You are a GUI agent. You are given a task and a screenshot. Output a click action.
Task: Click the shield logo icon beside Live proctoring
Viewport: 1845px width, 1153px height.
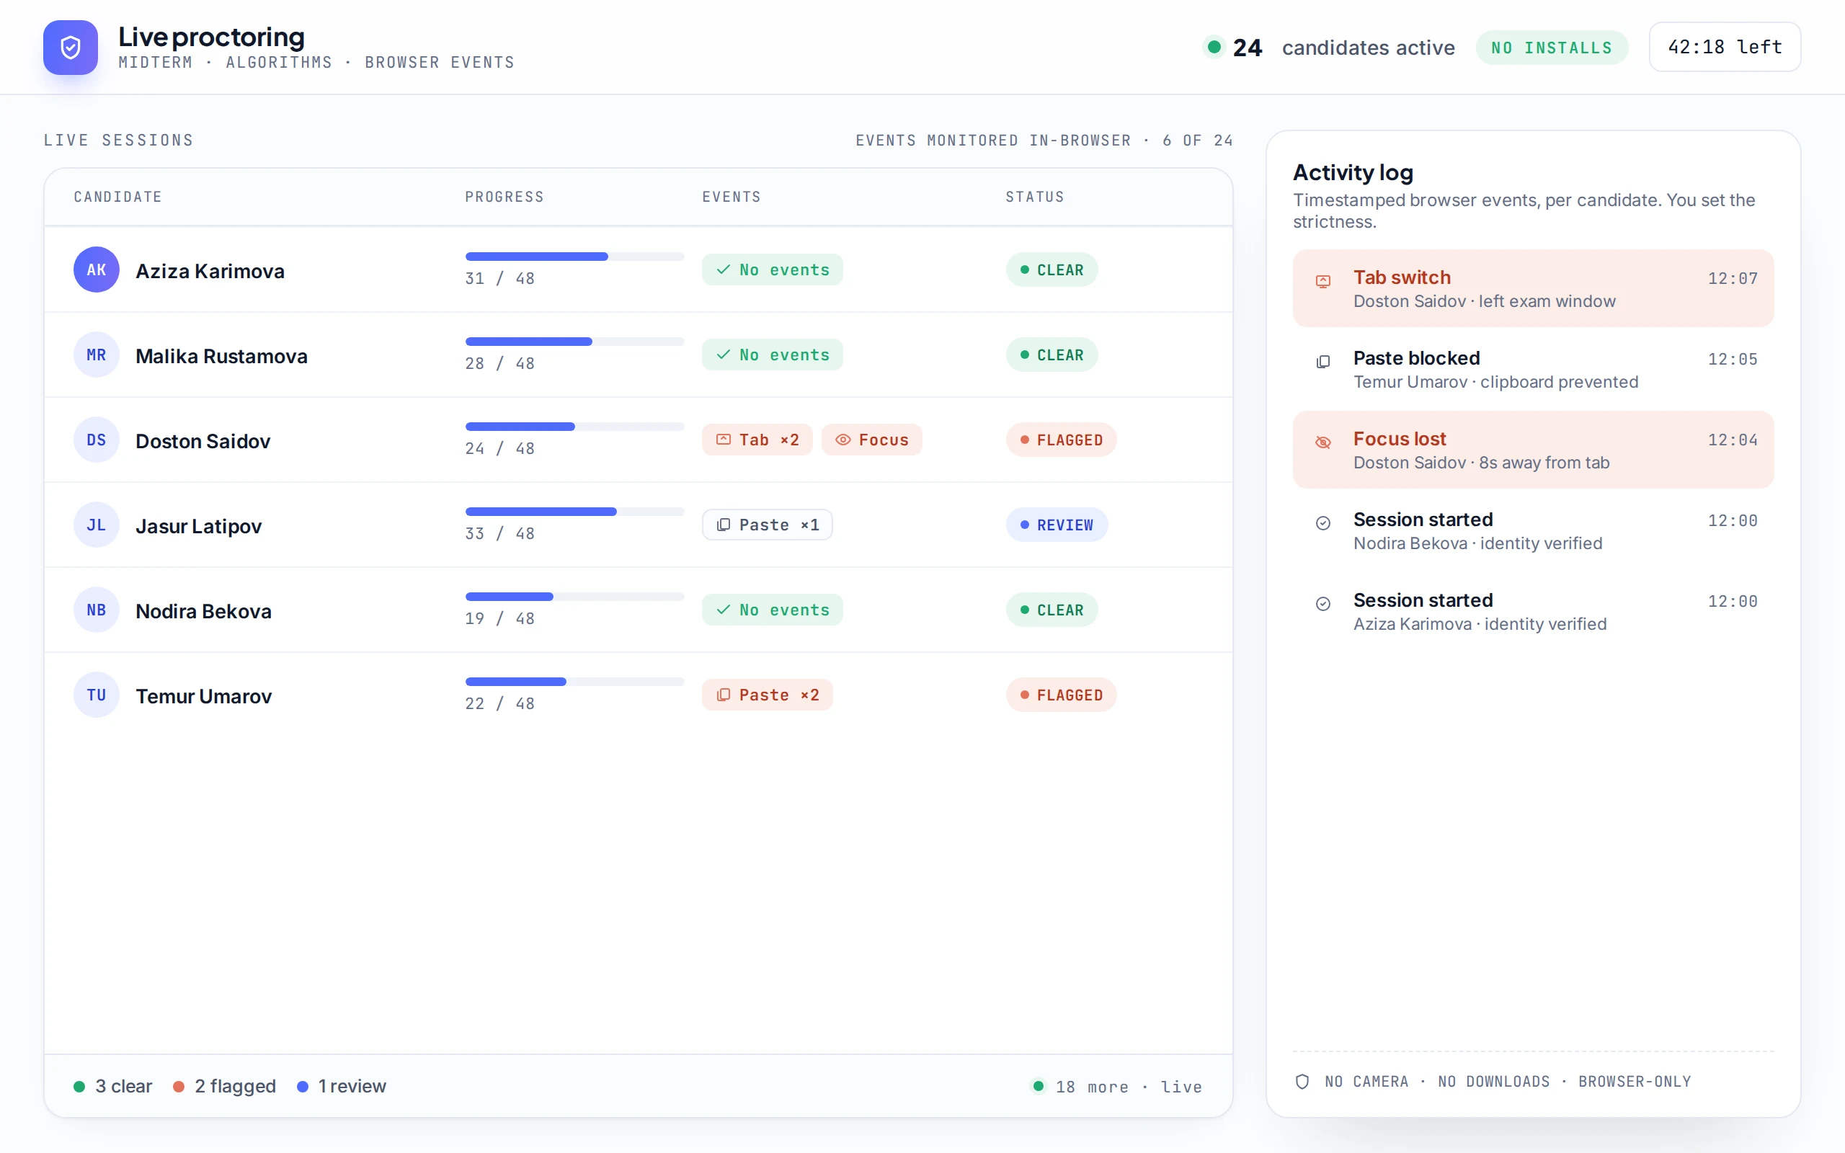coord(70,48)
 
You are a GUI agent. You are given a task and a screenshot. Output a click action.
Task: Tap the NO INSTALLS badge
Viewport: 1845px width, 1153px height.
coord(1552,48)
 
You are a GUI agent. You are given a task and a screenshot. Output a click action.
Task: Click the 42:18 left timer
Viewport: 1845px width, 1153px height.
coord(1725,48)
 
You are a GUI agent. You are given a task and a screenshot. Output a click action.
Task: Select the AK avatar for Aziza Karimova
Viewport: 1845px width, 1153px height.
coord(96,270)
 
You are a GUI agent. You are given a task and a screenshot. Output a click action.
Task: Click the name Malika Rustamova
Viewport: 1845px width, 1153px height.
coord(221,356)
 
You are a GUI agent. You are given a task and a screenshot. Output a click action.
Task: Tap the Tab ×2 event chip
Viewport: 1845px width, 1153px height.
coord(757,440)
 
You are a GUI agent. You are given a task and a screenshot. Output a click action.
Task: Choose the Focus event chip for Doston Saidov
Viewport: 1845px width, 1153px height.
coord(871,440)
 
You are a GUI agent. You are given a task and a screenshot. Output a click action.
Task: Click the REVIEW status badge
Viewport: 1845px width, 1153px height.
coord(1057,525)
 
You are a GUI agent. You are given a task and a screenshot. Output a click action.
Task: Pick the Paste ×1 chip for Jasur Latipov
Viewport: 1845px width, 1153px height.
coord(767,525)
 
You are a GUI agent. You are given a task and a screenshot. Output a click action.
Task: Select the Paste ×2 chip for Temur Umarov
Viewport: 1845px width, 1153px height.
coord(767,695)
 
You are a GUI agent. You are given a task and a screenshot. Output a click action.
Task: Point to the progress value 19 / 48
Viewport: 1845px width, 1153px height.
coord(499,618)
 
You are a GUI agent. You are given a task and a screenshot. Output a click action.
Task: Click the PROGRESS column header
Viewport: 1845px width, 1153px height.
coord(504,197)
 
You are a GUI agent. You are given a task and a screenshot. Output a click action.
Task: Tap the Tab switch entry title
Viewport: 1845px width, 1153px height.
coord(1401,277)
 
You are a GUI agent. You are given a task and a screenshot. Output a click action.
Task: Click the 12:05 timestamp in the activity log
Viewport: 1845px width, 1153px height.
coord(1732,359)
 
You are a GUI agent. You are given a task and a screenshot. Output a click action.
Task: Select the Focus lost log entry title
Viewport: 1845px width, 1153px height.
coord(1399,440)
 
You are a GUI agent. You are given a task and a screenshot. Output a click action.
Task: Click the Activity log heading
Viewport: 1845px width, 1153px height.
coord(1353,173)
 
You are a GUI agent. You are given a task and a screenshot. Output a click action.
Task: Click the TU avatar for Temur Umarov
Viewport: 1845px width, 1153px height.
coord(96,695)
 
